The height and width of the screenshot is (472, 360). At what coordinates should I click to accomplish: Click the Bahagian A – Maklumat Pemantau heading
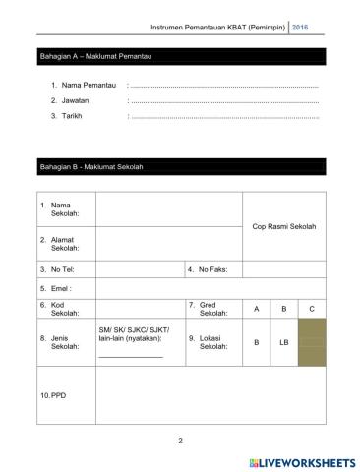click(94, 56)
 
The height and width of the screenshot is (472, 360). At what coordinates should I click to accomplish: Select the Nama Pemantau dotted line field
click(224, 88)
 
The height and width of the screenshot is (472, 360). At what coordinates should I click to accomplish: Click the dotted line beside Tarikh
click(224, 116)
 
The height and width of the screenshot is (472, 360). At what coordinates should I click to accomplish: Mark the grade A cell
click(256, 310)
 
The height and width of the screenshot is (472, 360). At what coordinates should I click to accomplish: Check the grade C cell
click(311, 310)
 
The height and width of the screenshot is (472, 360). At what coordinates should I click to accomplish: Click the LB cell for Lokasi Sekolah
click(283, 342)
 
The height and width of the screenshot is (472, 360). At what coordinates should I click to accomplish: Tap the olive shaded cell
click(311, 342)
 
